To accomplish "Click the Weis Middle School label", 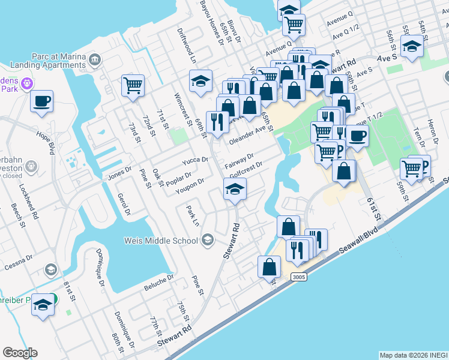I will [x=160, y=241].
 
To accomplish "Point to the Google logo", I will [x=20, y=353].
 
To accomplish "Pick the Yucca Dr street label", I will [x=196, y=160].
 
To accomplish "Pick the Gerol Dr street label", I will [x=125, y=204].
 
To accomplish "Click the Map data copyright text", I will [x=413, y=355].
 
